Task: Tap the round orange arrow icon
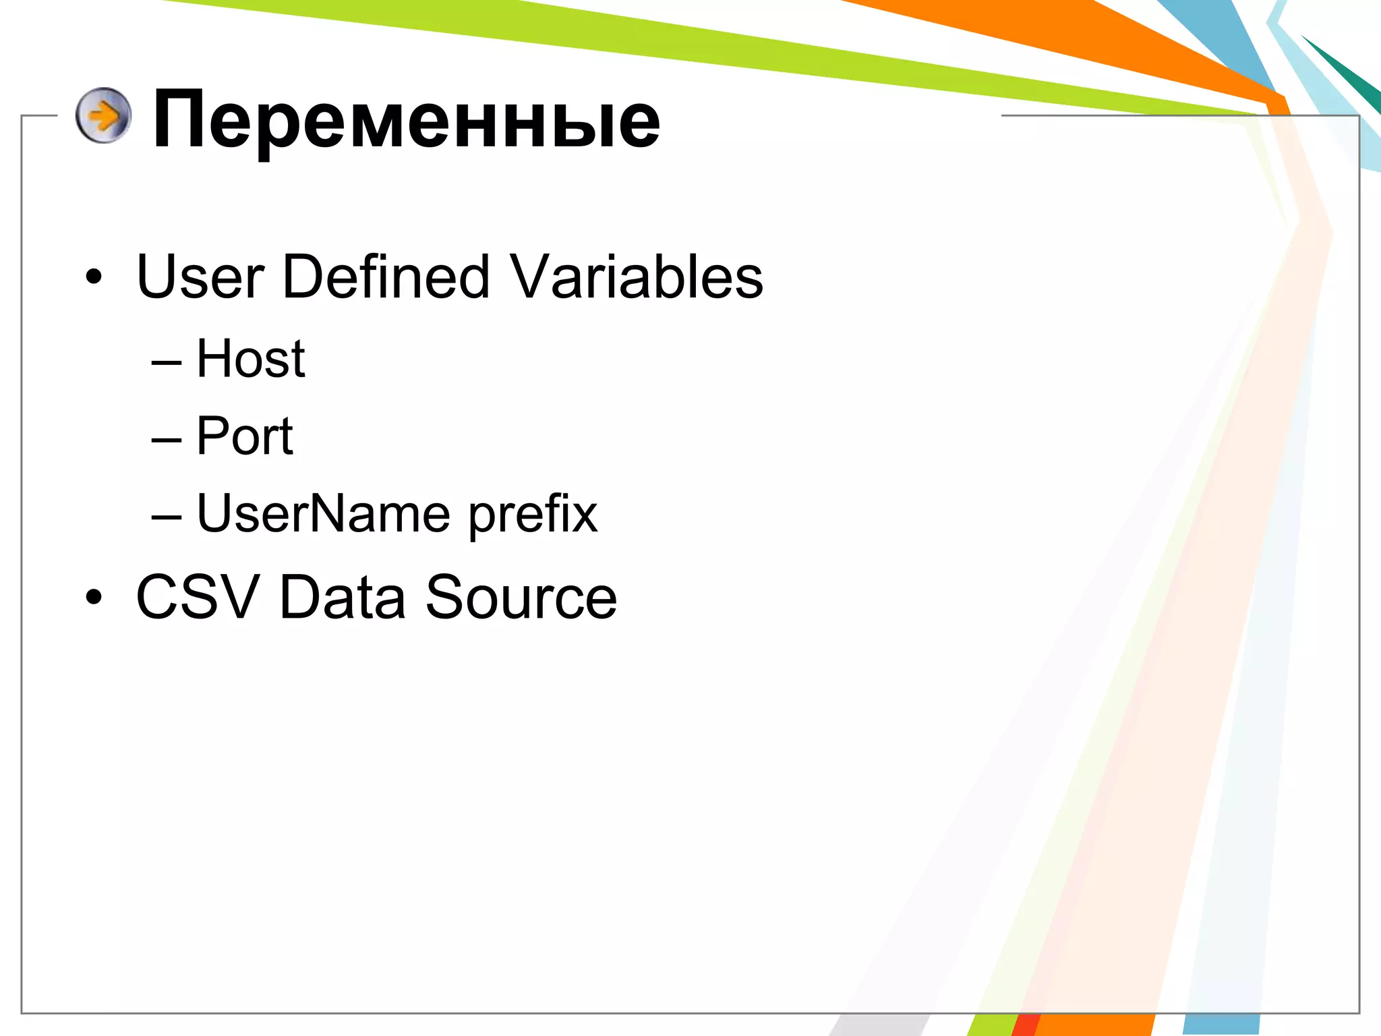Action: [103, 115]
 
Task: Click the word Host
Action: [251, 358]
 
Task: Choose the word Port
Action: [245, 436]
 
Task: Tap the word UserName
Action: [323, 513]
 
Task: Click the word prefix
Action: [533, 515]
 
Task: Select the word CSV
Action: [198, 597]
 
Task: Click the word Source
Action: [521, 597]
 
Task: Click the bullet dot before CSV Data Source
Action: [94, 597]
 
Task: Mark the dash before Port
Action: [167, 440]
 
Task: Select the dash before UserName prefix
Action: [167, 518]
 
